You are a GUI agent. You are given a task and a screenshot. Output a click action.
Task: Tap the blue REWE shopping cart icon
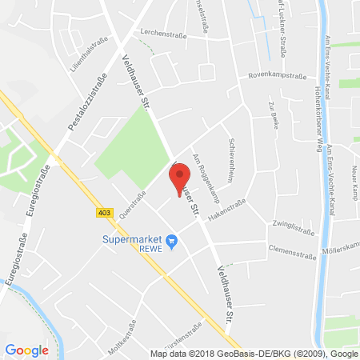tap(170, 240)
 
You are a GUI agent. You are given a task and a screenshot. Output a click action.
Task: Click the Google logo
tap(26, 350)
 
